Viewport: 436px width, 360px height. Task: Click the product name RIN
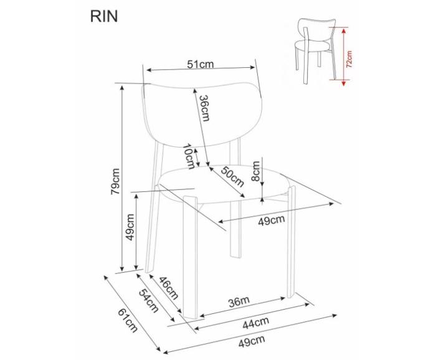104,16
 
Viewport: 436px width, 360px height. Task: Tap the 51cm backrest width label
200,64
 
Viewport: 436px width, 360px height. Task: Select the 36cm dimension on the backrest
204,108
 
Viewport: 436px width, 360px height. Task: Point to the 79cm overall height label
115,181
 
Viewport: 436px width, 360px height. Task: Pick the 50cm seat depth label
232,177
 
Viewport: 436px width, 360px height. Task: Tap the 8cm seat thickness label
255,171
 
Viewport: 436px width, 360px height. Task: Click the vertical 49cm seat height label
130,227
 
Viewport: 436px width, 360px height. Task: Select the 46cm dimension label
169,288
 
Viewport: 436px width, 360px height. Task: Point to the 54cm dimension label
149,301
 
